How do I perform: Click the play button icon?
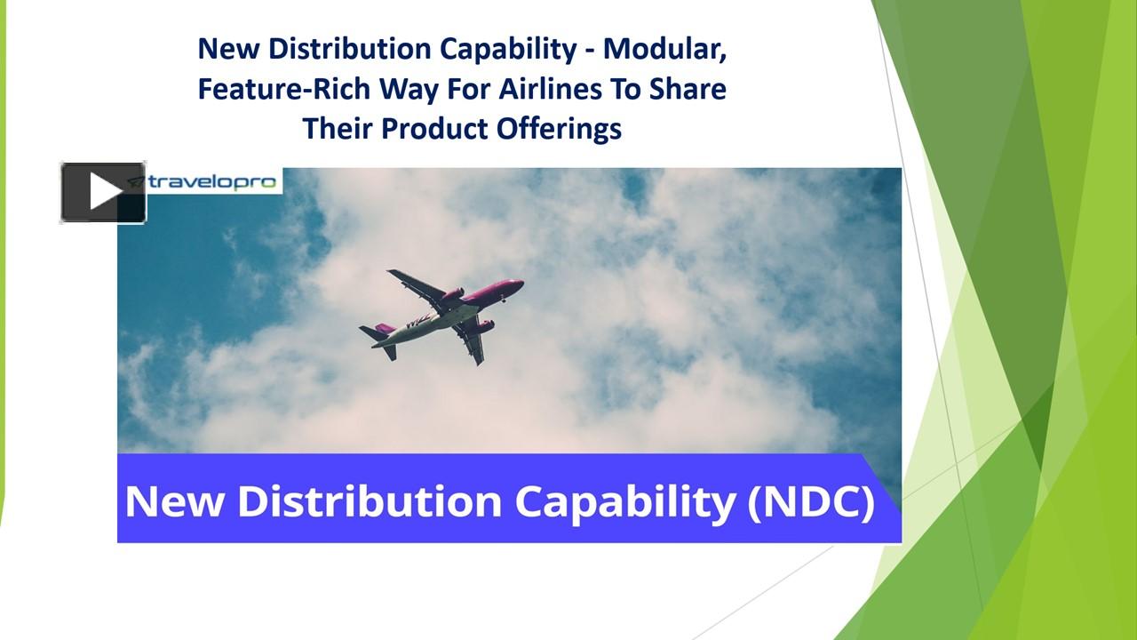tap(103, 192)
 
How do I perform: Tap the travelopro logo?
tap(213, 181)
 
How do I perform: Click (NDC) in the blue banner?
tap(810, 501)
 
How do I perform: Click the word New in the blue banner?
tap(175, 501)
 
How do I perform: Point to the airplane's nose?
tap(520, 284)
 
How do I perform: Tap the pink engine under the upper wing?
tap(452, 295)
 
